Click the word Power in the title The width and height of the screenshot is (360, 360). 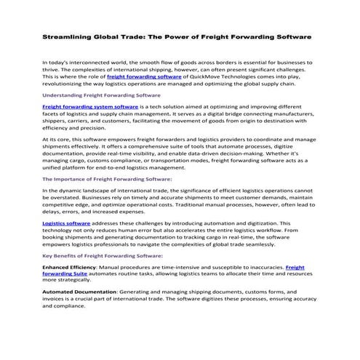[x=192, y=36]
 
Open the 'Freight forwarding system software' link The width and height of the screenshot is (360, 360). [x=80, y=106]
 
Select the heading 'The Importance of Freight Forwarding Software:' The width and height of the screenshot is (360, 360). [x=107, y=178]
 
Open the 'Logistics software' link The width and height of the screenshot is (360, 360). [x=63, y=224]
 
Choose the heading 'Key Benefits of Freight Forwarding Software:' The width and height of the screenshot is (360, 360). [x=103, y=256]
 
